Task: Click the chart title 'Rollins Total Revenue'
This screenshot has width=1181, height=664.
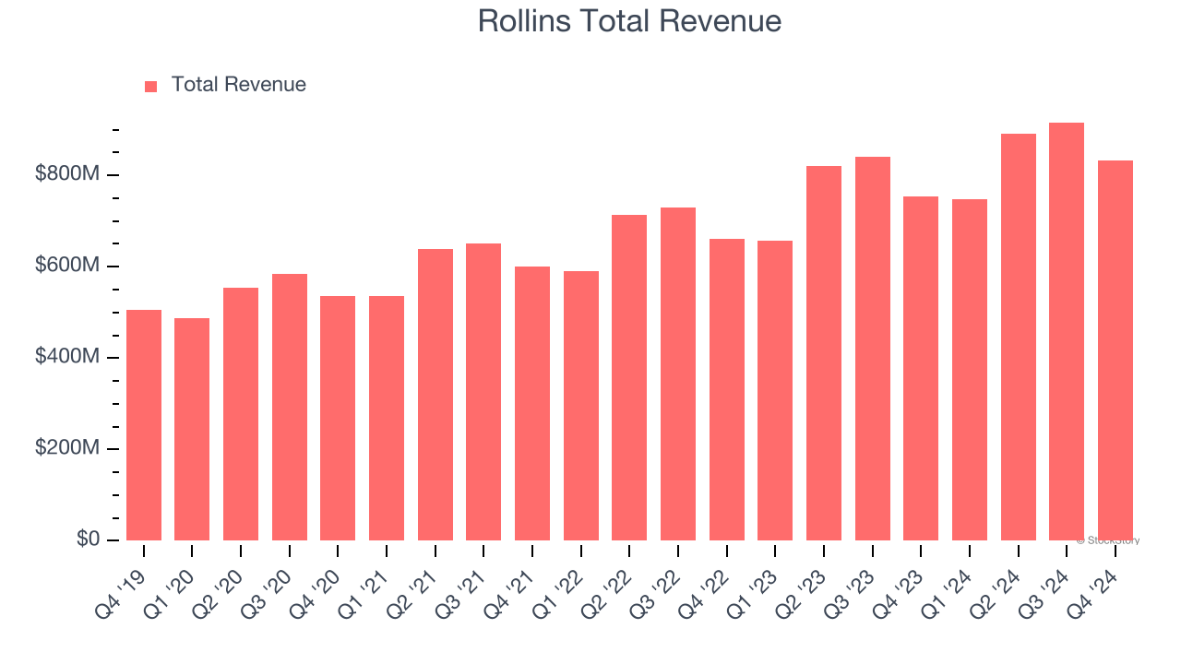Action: point(629,21)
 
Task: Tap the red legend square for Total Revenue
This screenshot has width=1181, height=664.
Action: point(151,86)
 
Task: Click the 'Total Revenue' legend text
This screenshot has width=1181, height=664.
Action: point(238,85)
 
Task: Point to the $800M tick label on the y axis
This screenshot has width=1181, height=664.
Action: point(66,174)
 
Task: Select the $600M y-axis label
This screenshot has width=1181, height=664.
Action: point(66,266)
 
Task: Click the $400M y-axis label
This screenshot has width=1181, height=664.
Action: point(66,357)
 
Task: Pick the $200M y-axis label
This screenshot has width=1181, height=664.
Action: point(66,448)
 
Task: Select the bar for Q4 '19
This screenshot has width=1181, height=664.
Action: point(144,425)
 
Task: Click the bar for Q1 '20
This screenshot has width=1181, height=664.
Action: point(192,430)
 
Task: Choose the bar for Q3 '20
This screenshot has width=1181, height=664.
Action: point(290,408)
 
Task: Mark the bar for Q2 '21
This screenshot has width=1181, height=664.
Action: point(435,395)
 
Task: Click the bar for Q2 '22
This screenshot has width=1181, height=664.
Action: point(629,378)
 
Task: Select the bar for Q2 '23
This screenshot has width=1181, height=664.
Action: point(824,353)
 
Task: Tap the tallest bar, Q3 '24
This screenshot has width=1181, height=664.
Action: point(1067,332)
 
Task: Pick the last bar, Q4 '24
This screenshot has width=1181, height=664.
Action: point(1115,350)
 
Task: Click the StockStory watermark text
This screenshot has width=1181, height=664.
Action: point(1107,540)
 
